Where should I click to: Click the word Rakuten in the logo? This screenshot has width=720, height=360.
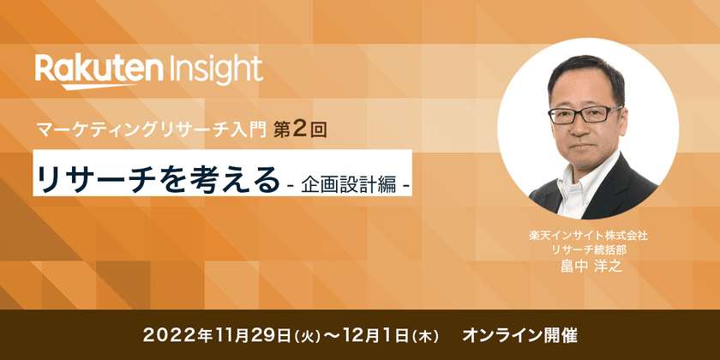coord(99,69)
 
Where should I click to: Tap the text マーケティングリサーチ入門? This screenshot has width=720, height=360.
coord(152,131)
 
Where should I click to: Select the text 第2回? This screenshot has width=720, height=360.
coord(300,130)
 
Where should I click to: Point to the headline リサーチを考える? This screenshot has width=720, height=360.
coord(158,178)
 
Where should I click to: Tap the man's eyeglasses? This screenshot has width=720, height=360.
coord(585,114)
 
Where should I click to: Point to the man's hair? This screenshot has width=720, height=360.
coord(586,75)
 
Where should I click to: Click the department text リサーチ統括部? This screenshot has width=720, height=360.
coord(588,250)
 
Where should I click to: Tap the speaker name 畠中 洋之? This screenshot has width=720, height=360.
coord(588,267)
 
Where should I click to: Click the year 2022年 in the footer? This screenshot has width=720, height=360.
coord(173,335)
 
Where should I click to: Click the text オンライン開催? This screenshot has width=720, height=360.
coord(519,335)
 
